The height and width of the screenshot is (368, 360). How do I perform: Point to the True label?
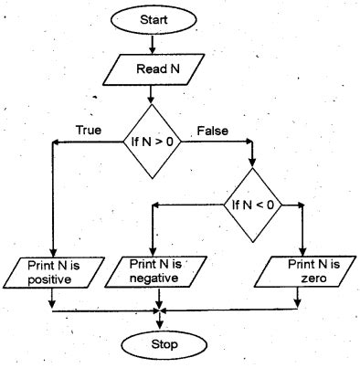[90, 131]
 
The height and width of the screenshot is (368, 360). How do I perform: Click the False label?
[212, 131]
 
